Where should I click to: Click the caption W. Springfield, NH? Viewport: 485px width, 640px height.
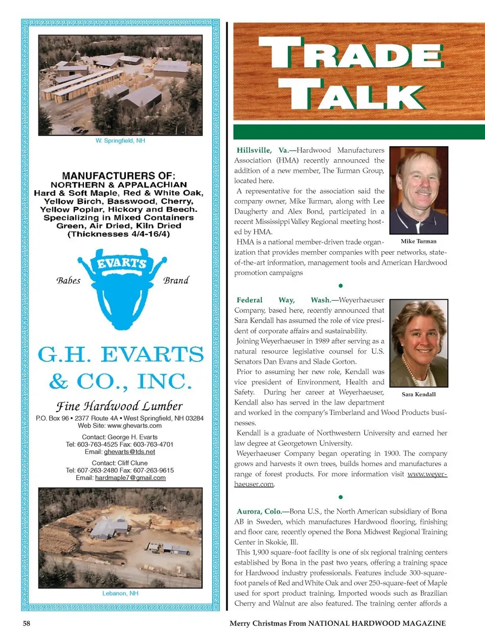(120, 141)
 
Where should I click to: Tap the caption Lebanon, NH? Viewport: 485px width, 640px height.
(120, 593)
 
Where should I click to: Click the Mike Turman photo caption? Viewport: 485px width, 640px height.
(418, 241)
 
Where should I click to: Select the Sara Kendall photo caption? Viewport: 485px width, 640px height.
(418, 394)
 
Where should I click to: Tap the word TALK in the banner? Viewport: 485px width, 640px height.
(351, 95)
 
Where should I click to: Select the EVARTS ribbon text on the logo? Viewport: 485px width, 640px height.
(122, 263)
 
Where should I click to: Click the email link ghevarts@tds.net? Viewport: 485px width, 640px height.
(129, 452)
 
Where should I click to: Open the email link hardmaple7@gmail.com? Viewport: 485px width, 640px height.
(130, 478)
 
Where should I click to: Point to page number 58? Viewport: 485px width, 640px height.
(26, 623)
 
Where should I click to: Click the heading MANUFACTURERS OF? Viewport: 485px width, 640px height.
(119, 175)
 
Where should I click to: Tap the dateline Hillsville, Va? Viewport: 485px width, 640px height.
(262, 150)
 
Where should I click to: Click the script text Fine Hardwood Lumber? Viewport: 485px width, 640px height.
(119, 406)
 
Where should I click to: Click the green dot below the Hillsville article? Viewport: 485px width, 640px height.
(341, 286)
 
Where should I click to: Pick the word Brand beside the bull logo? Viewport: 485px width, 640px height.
(176, 281)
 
